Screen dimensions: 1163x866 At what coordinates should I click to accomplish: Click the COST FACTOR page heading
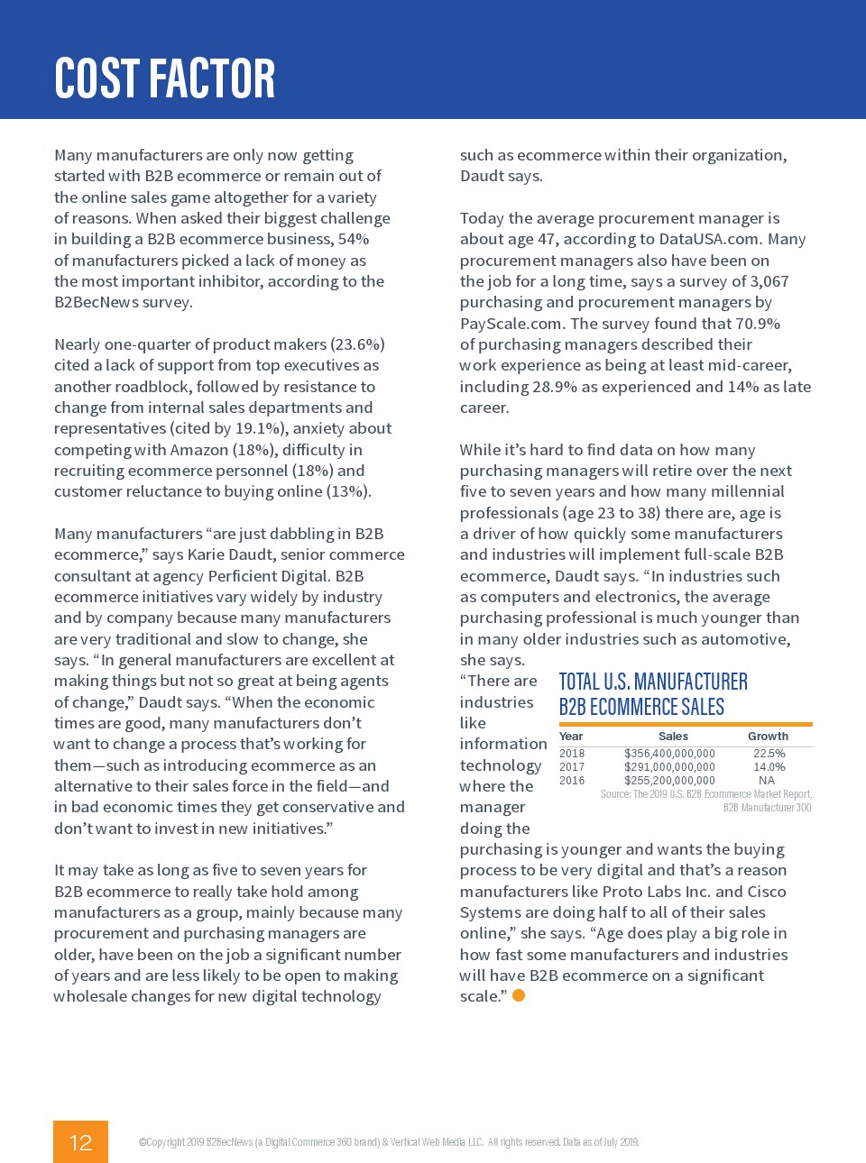(164, 78)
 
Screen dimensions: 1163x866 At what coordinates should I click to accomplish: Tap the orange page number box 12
(80, 1141)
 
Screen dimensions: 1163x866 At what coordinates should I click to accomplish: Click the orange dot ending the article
(519, 995)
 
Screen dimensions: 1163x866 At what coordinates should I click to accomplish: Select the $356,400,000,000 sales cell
(669, 754)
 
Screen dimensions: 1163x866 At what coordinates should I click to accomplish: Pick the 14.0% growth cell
(769, 767)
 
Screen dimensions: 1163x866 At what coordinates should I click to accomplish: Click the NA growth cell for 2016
(767, 781)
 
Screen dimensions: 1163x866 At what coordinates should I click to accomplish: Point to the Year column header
(571, 737)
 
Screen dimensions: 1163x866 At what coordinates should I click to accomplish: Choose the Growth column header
(768, 737)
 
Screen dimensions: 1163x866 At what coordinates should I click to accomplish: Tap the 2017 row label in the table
(572, 767)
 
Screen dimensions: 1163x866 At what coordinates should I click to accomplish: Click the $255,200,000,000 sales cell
(669, 781)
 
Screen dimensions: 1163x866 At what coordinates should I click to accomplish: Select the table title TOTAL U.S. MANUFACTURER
(653, 682)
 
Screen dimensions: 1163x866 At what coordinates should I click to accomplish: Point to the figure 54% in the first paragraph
(353, 239)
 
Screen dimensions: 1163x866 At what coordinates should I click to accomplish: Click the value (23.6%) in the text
(358, 344)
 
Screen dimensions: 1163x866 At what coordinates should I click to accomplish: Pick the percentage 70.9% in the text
(758, 324)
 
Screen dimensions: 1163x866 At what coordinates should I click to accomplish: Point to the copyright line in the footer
(389, 1142)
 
